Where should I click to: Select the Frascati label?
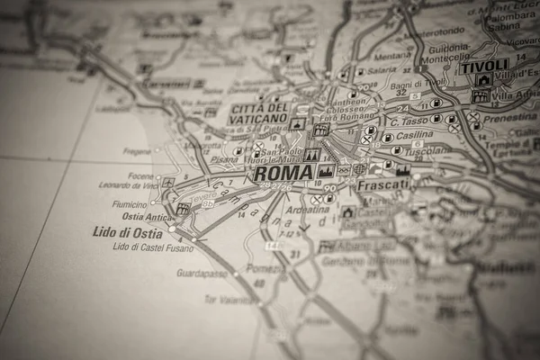pos(382,183)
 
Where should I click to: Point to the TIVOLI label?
pos(483,66)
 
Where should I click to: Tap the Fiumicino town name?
pos(130,203)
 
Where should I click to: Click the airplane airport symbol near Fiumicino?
pos(167,182)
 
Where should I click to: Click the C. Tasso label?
pos(409,121)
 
